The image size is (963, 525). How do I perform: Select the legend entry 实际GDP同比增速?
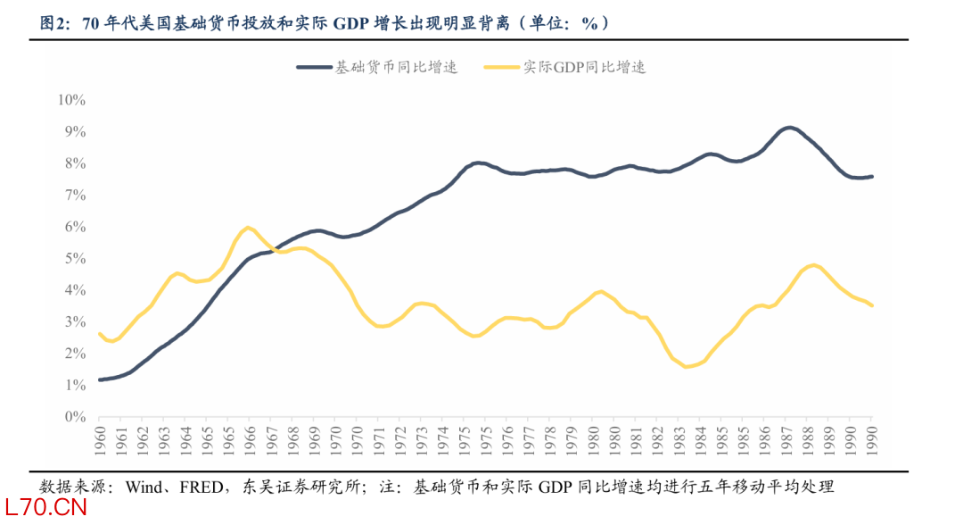[584, 67]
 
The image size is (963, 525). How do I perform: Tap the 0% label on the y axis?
[73, 417]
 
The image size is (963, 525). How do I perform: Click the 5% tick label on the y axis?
[73, 258]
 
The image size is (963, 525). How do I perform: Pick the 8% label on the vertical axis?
[73, 163]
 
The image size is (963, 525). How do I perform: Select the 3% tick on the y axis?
[73, 321]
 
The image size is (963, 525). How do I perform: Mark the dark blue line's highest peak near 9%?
[789, 128]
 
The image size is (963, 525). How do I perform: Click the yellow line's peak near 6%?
[247, 228]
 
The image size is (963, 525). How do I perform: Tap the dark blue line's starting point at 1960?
[100, 379]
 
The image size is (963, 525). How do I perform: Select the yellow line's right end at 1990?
[871, 305]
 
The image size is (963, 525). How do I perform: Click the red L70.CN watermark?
[44, 509]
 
